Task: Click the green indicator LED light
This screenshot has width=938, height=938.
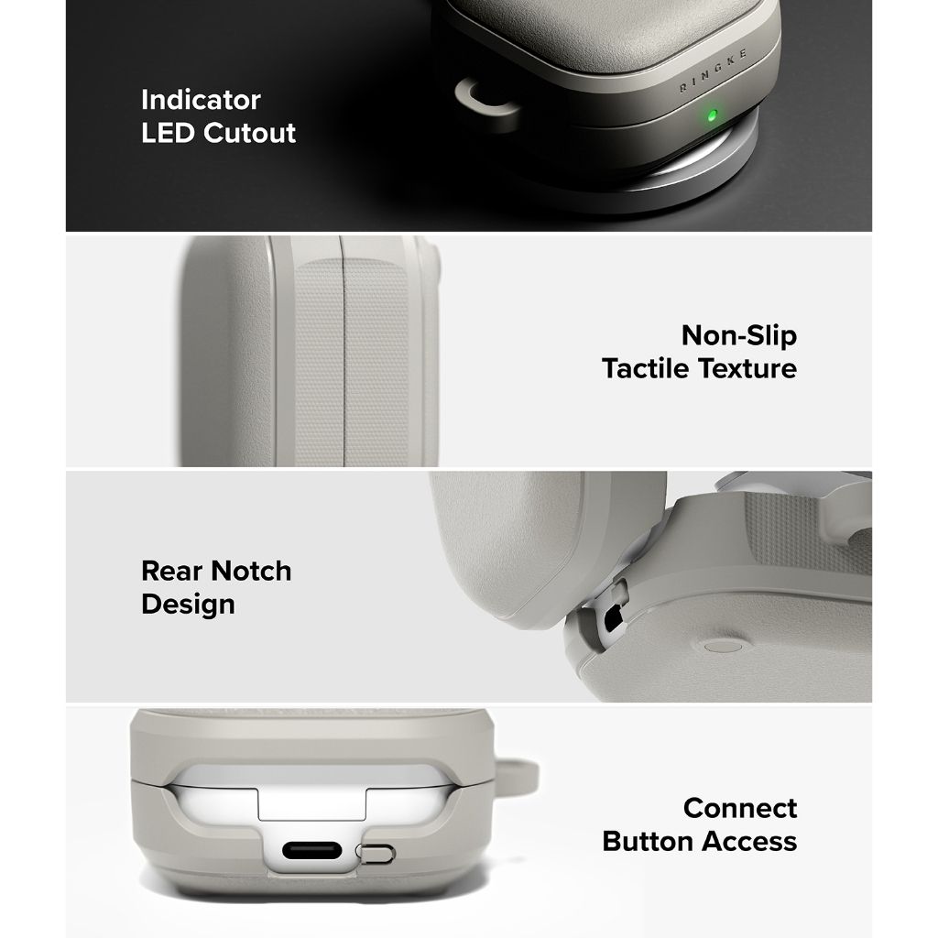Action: coord(712,115)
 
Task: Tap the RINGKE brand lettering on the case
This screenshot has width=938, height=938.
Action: coord(713,71)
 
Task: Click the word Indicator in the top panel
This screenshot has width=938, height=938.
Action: coord(201,100)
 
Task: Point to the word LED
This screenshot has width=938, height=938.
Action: coord(169,133)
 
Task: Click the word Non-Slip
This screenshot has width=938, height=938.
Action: coord(739,335)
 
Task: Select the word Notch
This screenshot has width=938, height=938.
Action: coord(250,572)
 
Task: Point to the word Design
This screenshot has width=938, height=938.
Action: coord(188,605)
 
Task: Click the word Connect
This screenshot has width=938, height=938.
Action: coord(740,809)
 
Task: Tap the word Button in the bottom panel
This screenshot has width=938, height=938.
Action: coord(649,842)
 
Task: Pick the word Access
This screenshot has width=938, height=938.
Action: coord(749,842)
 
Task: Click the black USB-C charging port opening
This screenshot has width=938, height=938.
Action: coord(311,851)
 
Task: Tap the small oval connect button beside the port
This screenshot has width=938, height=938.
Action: coord(375,853)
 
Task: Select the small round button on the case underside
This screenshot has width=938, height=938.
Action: coord(722,646)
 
